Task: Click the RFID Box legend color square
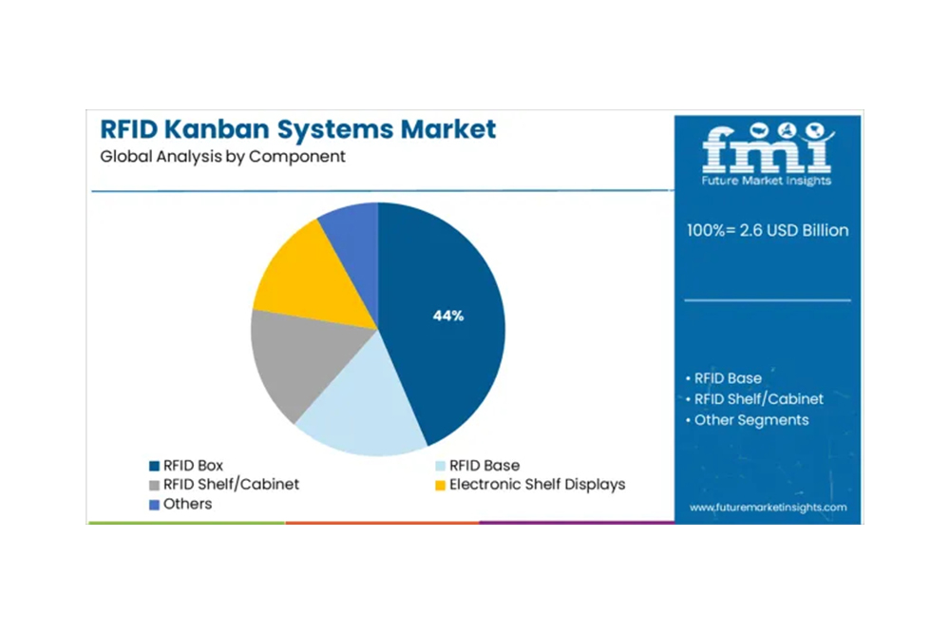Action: pos(154,466)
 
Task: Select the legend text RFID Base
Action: pos(484,466)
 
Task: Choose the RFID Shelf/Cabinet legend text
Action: pos(231,484)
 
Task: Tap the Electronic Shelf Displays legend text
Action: pos(538,484)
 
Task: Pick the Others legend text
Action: pos(187,503)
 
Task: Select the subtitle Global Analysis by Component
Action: pos(223,156)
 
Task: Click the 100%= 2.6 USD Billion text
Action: pos(768,230)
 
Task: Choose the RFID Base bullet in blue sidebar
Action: pos(728,378)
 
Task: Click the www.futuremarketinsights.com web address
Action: pos(768,508)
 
